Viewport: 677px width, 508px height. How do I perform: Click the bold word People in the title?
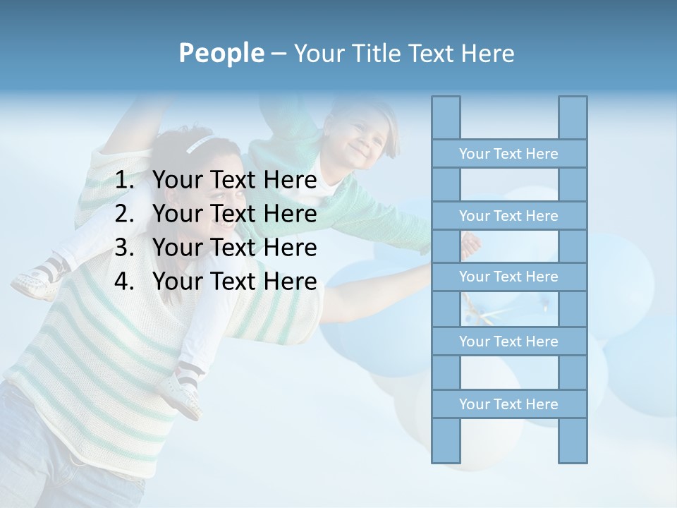coord(221,53)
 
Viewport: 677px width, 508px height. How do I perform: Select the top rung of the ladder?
coord(508,153)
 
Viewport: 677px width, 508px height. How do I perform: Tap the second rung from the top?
coord(508,215)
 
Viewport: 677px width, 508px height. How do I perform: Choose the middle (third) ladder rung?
coord(508,277)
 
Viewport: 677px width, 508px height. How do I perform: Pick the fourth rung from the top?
coord(508,341)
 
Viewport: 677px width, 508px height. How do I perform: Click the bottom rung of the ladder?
coord(508,404)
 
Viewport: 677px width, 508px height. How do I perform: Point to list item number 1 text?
coord(234,181)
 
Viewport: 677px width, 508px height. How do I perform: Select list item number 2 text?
coord(234,214)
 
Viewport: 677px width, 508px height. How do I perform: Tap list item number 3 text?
coord(234,248)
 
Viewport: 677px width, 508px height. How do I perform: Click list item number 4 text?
coord(234,282)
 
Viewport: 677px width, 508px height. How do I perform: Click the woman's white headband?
coord(199,144)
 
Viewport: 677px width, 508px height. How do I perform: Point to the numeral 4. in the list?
coord(124,282)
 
